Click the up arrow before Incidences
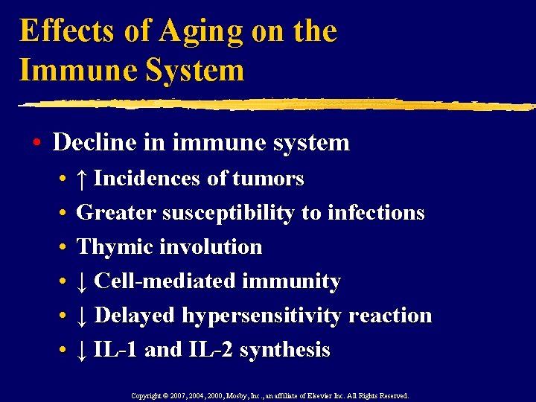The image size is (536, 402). coord(83,179)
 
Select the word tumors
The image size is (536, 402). coord(268,179)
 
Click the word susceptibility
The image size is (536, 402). coord(235,213)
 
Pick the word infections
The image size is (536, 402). coord(373,213)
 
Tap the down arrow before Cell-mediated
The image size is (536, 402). coord(83,281)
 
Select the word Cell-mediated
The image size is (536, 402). coord(164,281)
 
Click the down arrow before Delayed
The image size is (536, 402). coord(83,316)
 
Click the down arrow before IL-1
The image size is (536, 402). coord(83,350)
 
